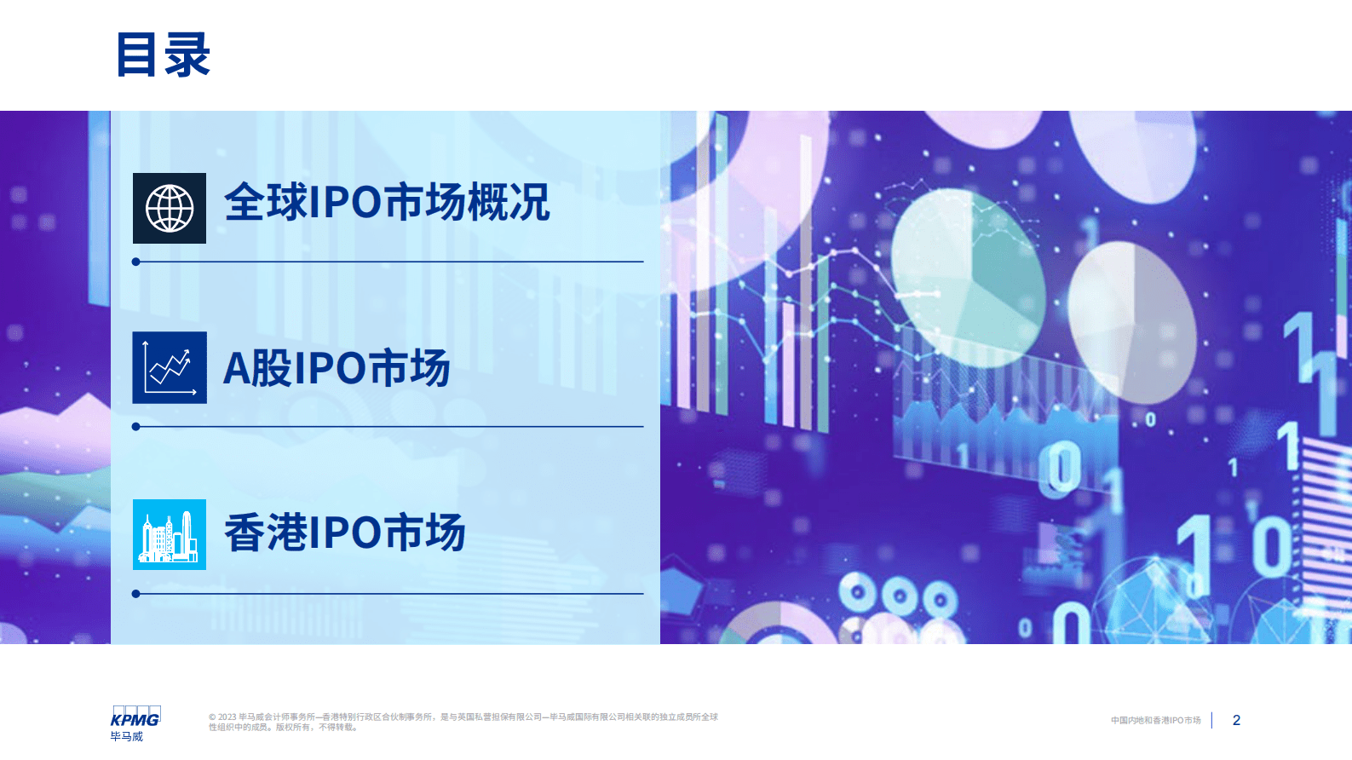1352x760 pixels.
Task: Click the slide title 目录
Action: [x=163, y=55]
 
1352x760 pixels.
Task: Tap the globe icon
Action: [x=170, y=209]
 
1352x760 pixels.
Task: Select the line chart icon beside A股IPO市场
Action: [x=170, y=368]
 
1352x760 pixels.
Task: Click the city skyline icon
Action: [x=170, y=535]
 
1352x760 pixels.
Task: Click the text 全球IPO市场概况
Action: [x=387, y=203]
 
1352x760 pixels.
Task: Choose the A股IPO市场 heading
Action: [x=337, y=368]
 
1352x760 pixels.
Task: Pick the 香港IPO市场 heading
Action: [x=344, y=533]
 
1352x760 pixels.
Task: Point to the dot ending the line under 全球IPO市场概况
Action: [x=136, y=262]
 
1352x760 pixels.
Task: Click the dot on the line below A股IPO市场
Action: [x=136, y=427]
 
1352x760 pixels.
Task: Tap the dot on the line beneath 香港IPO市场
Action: [x=136, y=594]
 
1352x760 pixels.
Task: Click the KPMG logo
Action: [x=135, y=717]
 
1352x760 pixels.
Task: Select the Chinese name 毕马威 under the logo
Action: [x=126, y=737]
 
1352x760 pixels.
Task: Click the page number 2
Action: [x=1236, y=721]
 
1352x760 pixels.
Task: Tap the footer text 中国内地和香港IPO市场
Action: [x=1155, y=721]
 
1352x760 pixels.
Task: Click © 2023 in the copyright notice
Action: [x=222, y=717]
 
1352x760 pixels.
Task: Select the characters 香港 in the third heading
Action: [x=265, y=533]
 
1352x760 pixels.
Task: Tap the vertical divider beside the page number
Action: [x=1211, y=721]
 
